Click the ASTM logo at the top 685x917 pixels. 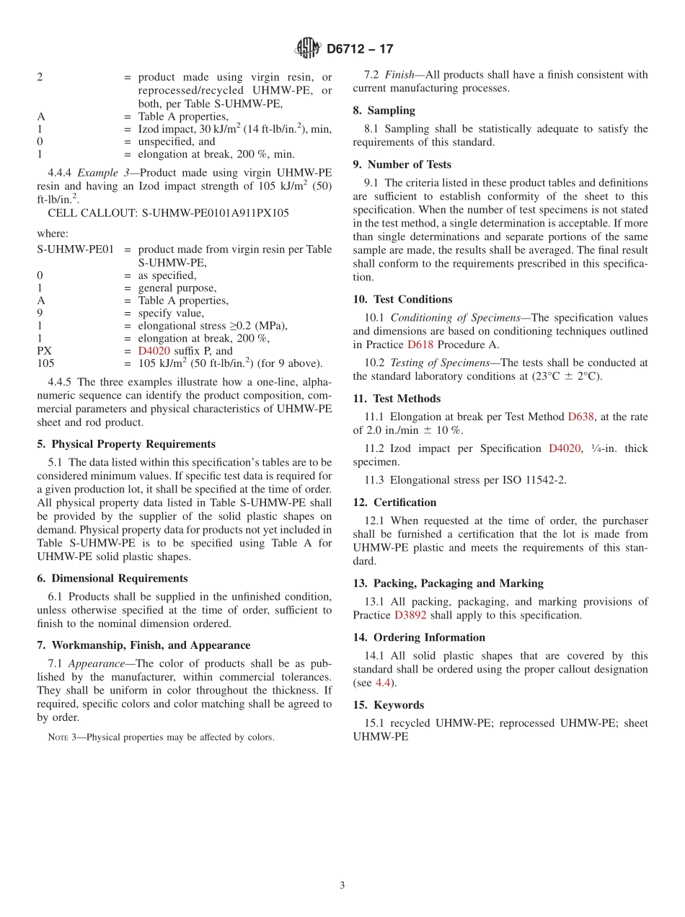pos(308,48)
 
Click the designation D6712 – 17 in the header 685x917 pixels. pos(360,49)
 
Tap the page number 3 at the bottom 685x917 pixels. pos(342,885)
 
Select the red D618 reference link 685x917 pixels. pos(420,345)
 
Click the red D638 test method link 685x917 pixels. pos(580,416)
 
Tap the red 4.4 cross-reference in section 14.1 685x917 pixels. pos(384,683)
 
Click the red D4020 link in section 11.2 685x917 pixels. pos(565,448)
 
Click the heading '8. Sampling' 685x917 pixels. pos(384,110)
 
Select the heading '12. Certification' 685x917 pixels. pos(394,502)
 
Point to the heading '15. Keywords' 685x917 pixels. pos(388,704)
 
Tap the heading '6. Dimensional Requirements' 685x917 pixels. pos(112,578)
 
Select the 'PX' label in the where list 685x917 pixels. pos(45,351)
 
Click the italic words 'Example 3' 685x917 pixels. pos(101,172)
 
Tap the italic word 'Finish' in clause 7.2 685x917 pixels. pos(399,74)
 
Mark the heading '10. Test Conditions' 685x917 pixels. pos(402,299)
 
